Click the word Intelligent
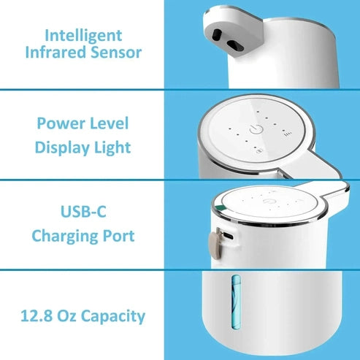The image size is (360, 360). [x=83, y=34]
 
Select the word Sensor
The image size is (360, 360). [x=115, y=53]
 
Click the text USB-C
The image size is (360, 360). [x=83, y=213]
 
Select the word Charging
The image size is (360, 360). [x=65, y=237]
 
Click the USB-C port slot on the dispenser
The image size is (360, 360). [x=229, y=237]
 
